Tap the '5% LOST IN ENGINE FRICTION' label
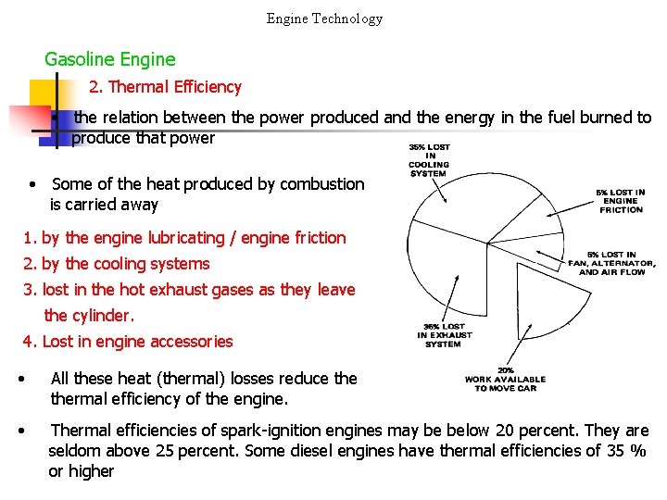coord(621,201)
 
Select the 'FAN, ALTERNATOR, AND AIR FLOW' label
coord(611,263)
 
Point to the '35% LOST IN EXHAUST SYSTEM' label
coord(443,334)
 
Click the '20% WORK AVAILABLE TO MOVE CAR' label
coord(505,379)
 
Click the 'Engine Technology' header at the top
coord(324,18)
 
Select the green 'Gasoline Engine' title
coord(109,59)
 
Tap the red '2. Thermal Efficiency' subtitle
coord(165,87)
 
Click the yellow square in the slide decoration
coord(44,95)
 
